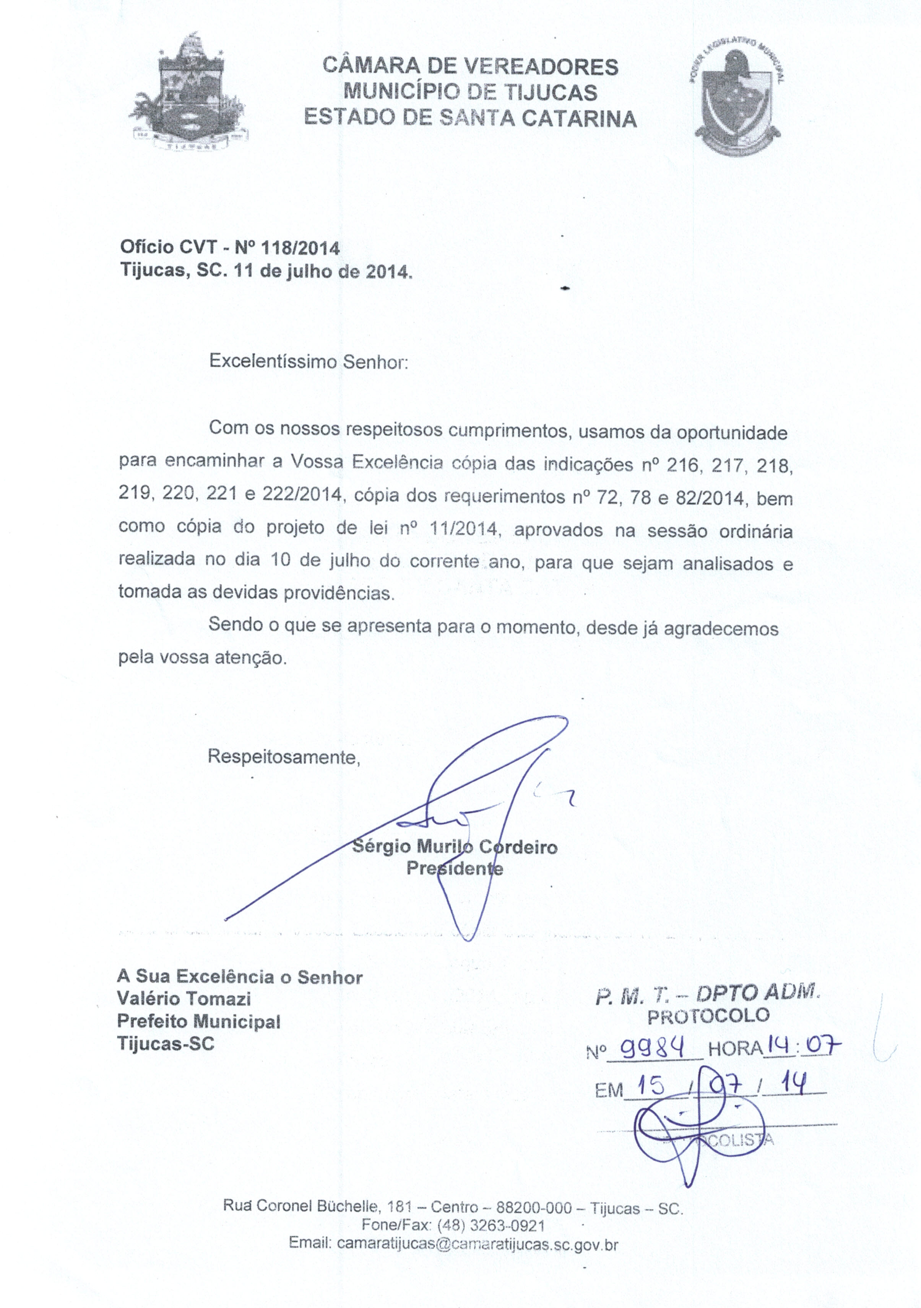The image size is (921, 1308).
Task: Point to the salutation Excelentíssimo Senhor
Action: tap(309, 362)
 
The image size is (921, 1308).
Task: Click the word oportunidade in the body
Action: tap(731, 433)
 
